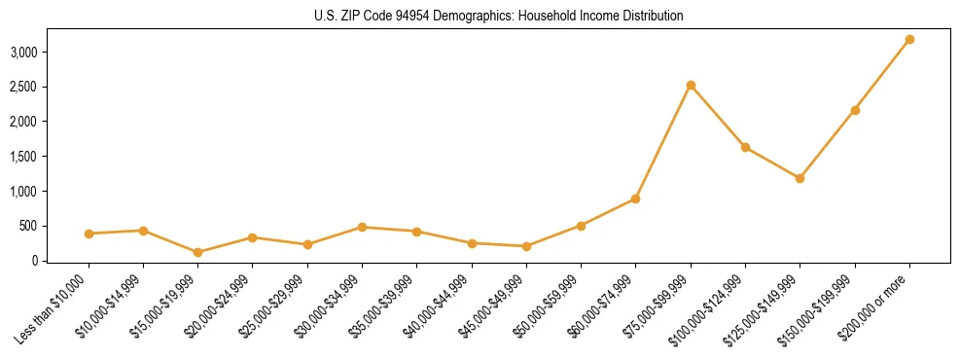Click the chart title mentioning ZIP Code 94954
pos(480,17)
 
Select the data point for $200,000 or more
pos(909,39)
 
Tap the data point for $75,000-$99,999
pos(691,85)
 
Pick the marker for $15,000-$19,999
pos(197,252)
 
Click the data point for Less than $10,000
pos(89,234)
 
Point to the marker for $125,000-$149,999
pos(800,178)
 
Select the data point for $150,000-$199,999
pos(855,110)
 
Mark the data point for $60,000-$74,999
pos(635,198)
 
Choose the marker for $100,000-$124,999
pos(745,147)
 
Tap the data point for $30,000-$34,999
pos(362,227)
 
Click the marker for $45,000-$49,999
pos(526,246)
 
